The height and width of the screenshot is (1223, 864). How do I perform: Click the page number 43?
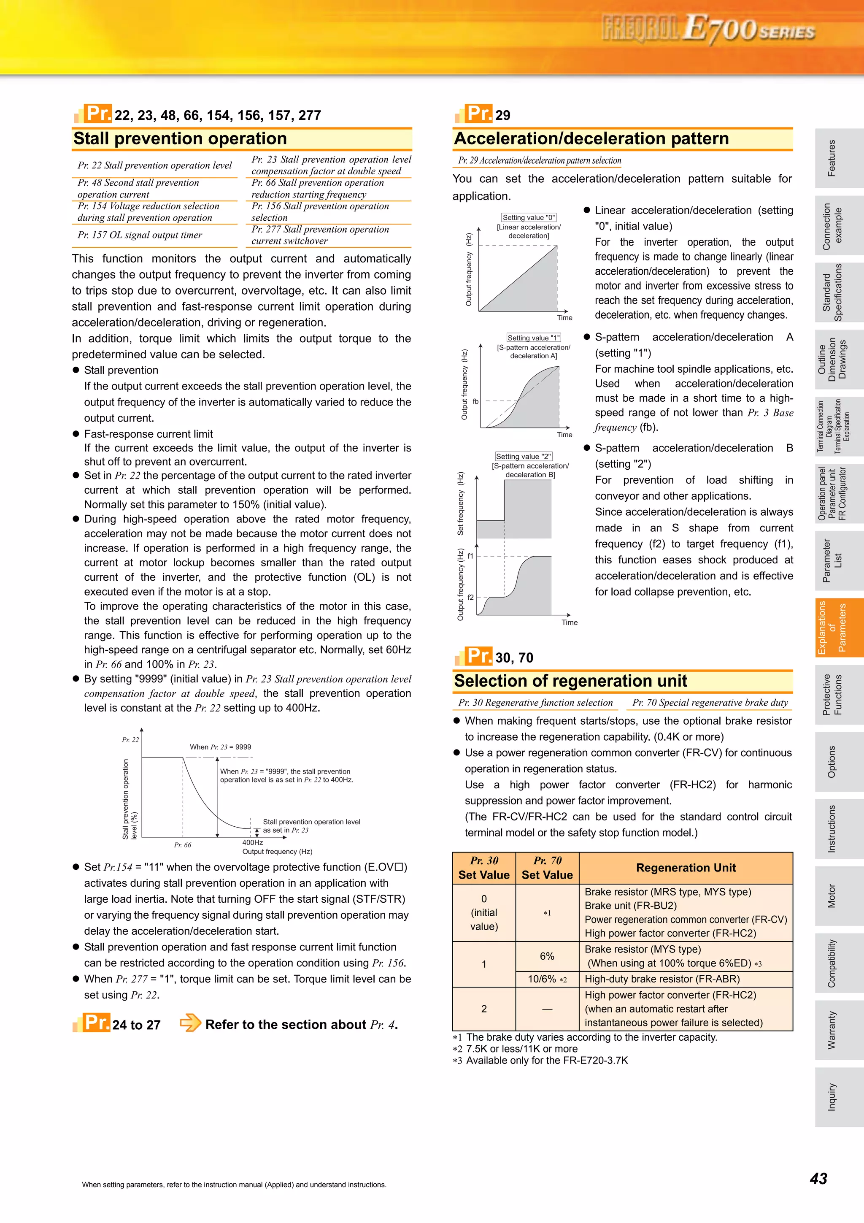(818, 1178)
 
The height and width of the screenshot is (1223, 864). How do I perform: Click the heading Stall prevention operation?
(180, 138)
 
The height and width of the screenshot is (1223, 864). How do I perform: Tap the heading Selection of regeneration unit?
(570, 681)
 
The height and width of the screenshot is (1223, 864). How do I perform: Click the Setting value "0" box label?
(529, 217)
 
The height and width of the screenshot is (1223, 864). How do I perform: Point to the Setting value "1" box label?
(533, 338)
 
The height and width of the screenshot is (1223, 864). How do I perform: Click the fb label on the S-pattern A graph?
(475, 401)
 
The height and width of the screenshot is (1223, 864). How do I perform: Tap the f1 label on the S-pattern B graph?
(470, 556)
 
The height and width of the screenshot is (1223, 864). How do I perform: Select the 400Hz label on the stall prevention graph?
(252, 842)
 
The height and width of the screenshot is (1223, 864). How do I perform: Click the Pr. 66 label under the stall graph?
(183, 845)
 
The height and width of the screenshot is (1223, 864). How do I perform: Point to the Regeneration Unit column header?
(686, 868)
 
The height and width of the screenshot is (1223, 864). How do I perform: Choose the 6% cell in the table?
(547, 956)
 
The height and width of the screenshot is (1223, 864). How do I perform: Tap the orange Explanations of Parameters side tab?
(832, 628)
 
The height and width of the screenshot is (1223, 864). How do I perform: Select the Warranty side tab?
(832, 1030)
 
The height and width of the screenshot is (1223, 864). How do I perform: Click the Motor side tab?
(832, 896)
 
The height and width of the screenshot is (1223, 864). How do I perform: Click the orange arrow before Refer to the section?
(190, 1023)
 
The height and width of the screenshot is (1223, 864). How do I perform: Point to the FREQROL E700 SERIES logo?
(707, 29)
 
